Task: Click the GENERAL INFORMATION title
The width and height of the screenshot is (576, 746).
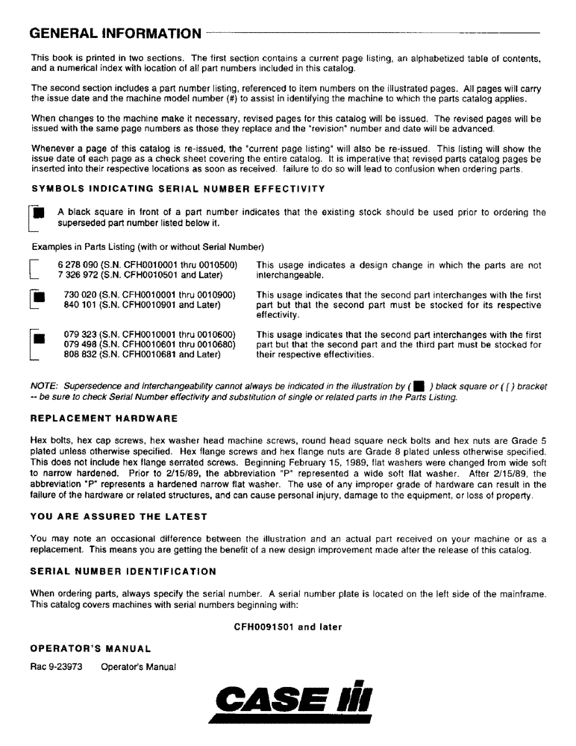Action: [116, 34]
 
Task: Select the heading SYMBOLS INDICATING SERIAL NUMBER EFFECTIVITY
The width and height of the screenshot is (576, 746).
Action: [178, 189]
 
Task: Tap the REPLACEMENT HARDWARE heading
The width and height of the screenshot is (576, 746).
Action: [104, 418]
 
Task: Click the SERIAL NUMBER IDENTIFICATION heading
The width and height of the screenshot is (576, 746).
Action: [123, 571]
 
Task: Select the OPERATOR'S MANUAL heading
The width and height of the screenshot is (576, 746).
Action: [91, 648]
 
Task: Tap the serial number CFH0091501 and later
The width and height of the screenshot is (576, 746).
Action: [288, 627]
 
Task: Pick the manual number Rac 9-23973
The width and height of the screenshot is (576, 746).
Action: [59, 666]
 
